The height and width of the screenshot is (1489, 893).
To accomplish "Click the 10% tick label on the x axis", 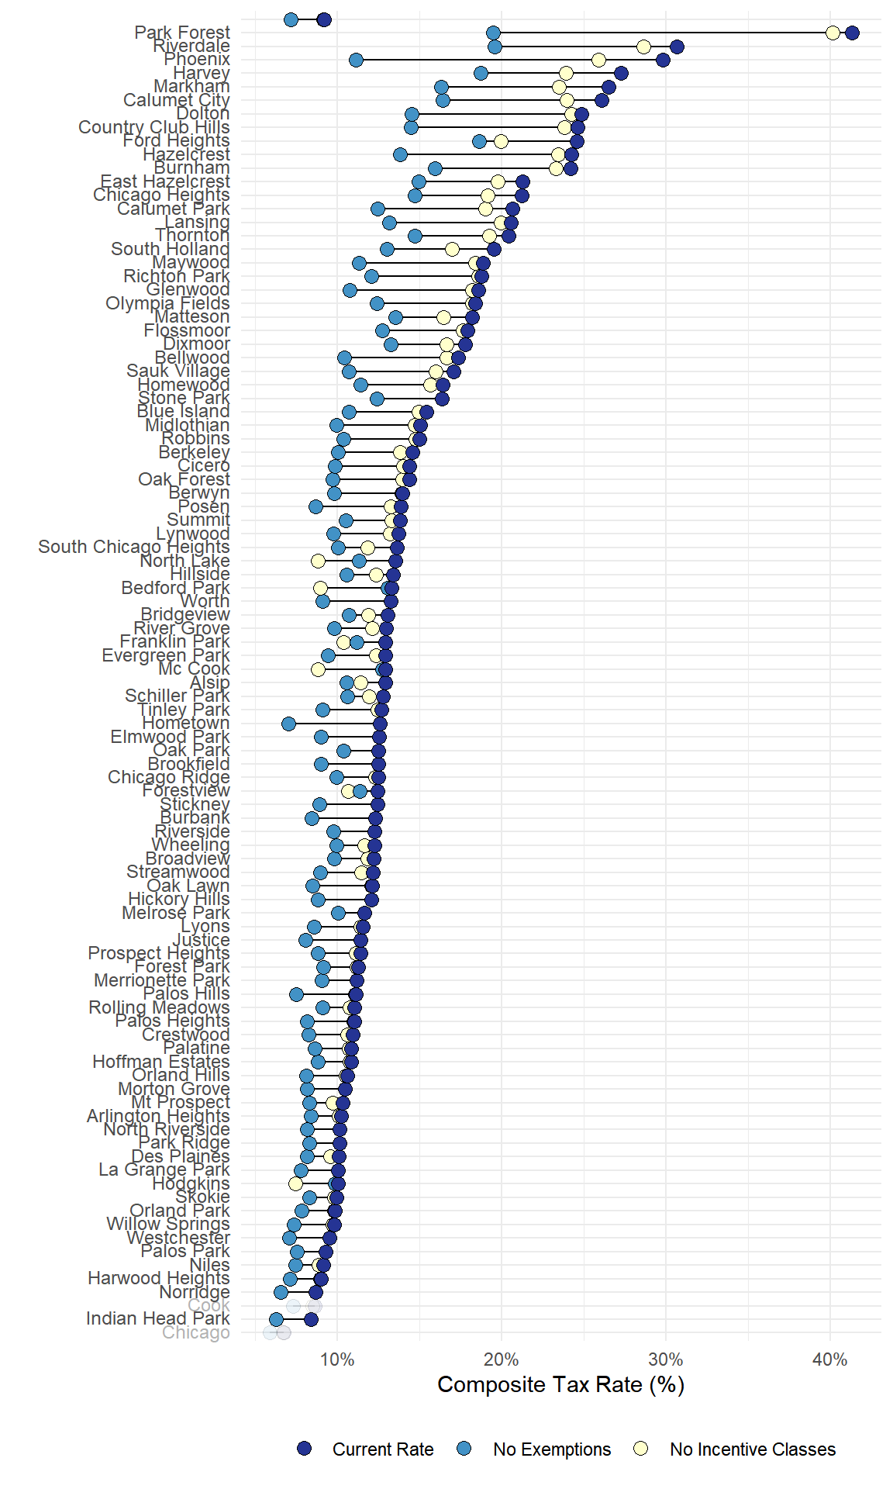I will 337,1359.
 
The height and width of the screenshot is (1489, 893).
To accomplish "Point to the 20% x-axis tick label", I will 501,1359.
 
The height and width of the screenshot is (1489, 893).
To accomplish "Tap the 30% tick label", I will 665,1359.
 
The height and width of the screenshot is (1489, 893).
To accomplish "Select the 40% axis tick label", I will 829,1359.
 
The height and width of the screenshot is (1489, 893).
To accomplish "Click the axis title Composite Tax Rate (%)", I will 560,1384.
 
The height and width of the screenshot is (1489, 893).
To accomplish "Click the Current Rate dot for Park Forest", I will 852,33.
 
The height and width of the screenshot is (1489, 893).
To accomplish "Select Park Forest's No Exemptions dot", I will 493,33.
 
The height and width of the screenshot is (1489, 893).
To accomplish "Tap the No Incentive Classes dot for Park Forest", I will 833,33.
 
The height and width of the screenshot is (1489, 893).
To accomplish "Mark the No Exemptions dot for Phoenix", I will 356,60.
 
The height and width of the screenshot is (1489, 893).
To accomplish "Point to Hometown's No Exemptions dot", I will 288,724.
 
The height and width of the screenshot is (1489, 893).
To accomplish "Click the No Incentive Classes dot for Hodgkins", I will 295,1183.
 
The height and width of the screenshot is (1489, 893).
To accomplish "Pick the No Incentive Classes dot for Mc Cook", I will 318,669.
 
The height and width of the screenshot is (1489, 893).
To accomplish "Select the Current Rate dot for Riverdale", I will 677,47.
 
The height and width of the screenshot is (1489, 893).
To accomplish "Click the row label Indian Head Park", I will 157,1318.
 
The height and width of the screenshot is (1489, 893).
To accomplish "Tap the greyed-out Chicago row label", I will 195,1332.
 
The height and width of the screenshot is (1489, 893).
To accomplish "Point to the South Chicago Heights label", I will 133,547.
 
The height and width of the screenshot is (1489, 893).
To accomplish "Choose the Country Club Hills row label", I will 153,127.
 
